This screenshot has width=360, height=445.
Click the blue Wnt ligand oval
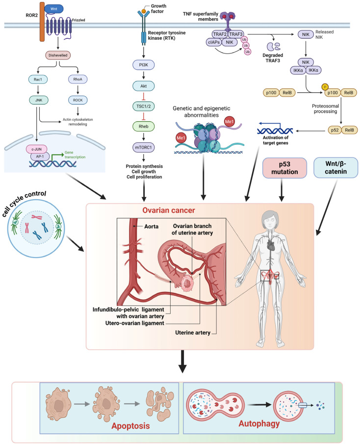coord(53,9)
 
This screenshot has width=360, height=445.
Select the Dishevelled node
coord(58,55)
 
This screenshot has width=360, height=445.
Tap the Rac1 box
coord(38,79)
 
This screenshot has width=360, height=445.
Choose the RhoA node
coord(77,79)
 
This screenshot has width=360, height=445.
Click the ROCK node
coord(77,100)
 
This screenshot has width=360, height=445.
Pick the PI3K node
coord(144,65)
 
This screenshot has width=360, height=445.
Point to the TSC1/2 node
coord(144,106)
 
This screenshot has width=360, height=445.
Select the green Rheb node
coord(144,126)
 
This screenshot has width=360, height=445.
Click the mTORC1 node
coord(144,148)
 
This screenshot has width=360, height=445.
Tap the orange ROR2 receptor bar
coord(42,22)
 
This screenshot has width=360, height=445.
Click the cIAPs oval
coord(214,42)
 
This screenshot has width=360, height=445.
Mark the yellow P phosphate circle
coord(325,87)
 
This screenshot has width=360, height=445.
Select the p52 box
coord(335,130)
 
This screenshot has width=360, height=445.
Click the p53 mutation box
coord(284,168)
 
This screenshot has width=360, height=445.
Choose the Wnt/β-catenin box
coord(336,168)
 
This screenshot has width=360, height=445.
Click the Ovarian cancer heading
coord(169,210)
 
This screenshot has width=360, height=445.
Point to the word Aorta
coord(151,227)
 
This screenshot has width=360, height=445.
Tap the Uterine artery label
coord(193,333)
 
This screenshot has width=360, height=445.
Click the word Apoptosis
coord(130,426)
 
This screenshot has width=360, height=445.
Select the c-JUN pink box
coord(37,149)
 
